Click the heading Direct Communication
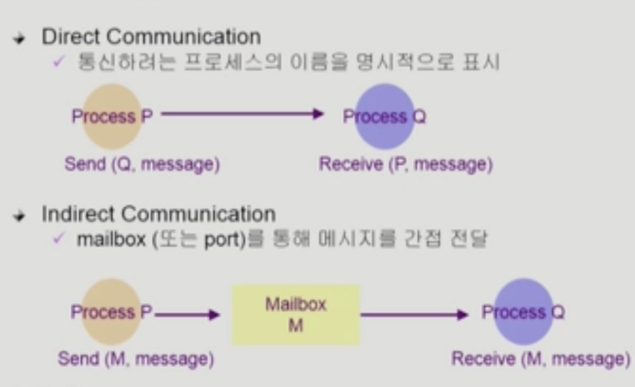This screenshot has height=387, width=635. pos(150,37)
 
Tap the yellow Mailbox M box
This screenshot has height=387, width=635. pos(295,314)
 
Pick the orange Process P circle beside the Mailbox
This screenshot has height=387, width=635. pos(106,312)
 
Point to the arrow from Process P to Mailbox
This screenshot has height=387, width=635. pos(188,314)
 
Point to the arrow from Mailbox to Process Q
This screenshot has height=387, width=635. pos(415,314)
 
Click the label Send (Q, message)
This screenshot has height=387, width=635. pos(142,164)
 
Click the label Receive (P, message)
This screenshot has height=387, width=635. pos(405,164)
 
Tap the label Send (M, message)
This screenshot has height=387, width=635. pos(135,358)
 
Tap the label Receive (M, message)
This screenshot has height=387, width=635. pos(541,358)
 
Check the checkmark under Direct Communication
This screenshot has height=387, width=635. pos(58,62)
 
